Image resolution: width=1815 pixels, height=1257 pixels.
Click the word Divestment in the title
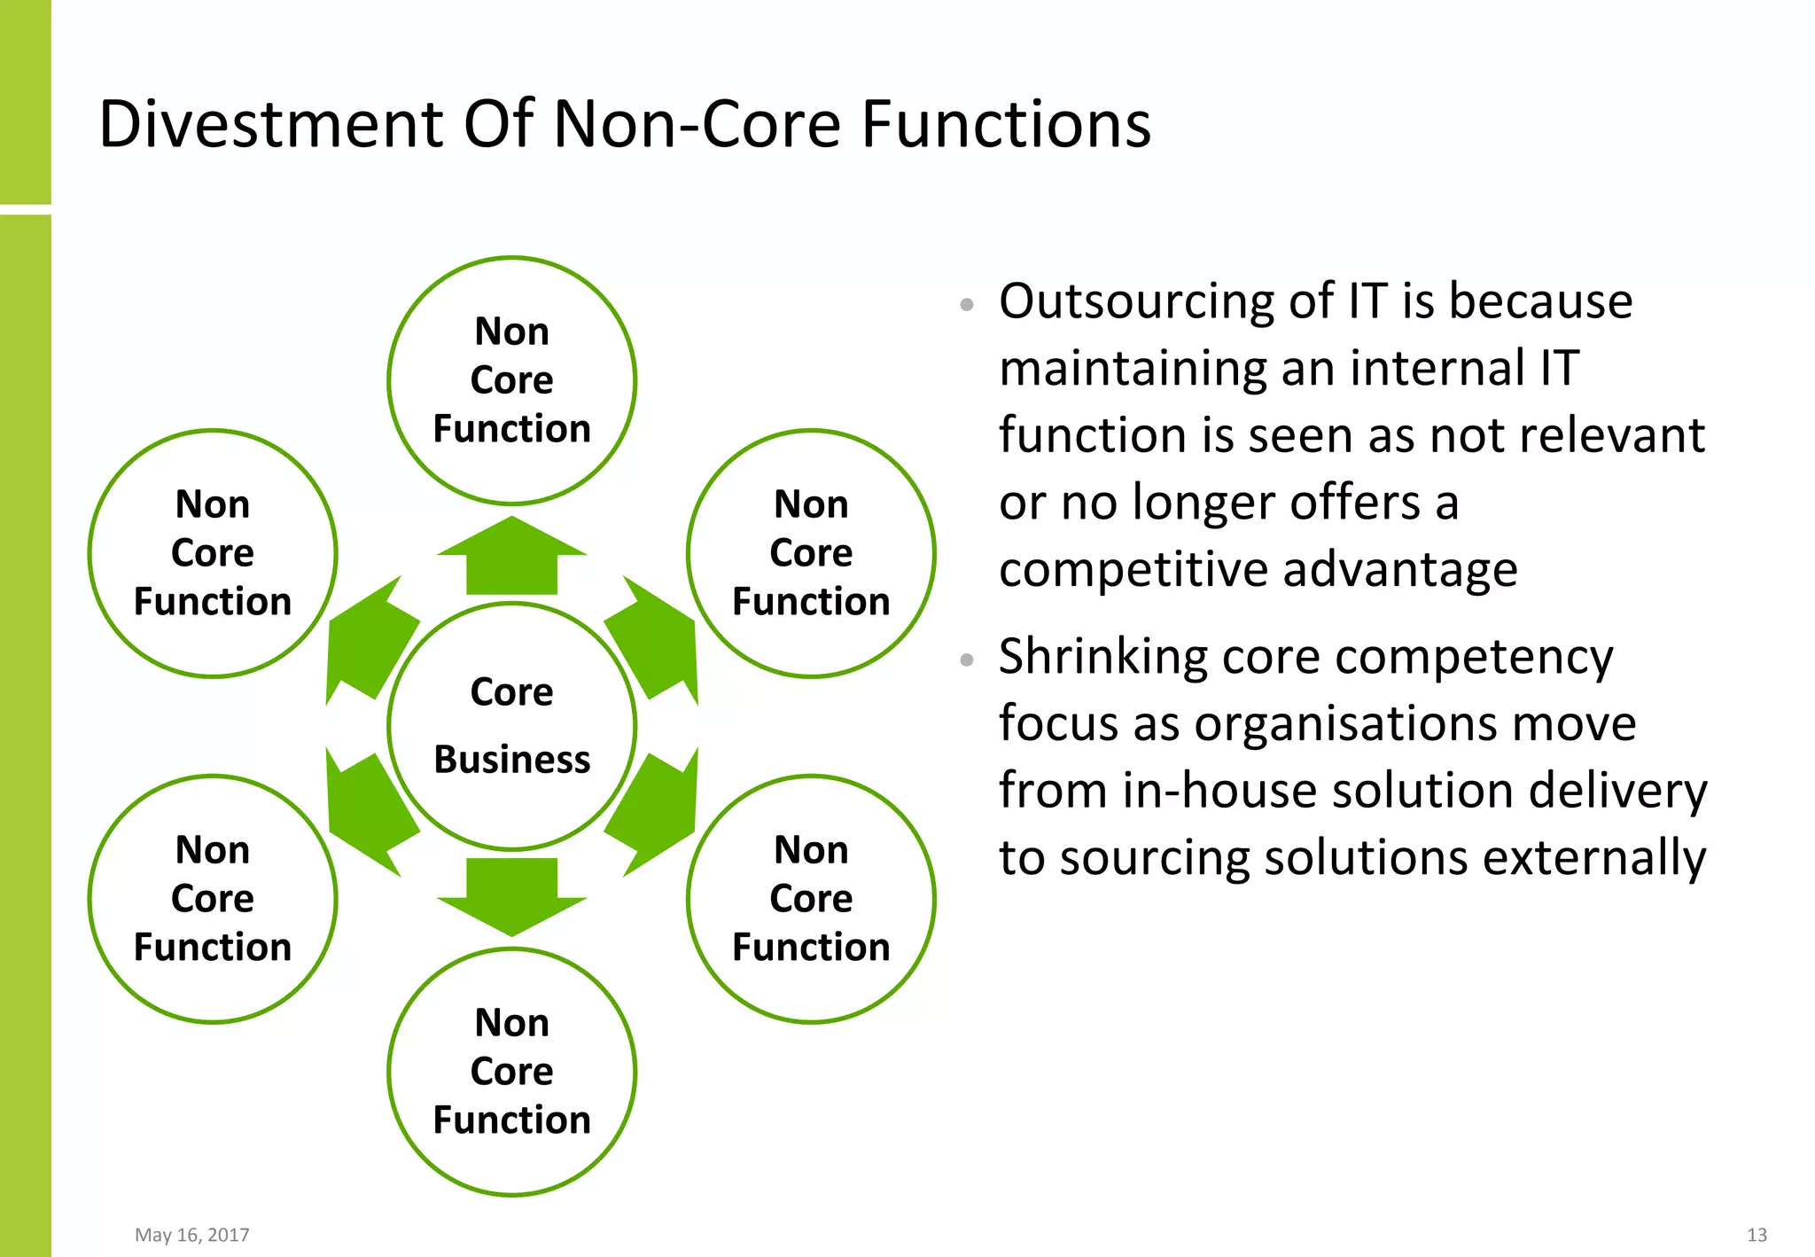click(271, 124)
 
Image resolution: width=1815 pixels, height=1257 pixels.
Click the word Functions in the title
click(1005, 124)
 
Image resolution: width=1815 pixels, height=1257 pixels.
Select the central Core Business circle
click(511, 726)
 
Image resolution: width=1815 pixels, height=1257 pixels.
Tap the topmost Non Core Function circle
click(511, 380)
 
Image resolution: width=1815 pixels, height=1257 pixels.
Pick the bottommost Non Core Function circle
click(511, 1071)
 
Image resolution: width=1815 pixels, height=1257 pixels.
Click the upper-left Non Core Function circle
click(213, 553)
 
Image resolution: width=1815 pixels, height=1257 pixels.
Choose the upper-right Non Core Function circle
click(811, 553)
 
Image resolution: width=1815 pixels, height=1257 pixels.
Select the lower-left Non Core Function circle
click(213, 899)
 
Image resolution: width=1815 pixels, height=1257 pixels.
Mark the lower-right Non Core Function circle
click(811, 899)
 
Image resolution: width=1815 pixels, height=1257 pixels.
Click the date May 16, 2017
click(191, 1235)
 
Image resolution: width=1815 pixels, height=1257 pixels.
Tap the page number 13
click(1757, 1235)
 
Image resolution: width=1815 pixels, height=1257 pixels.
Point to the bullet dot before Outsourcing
click(967, 305)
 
